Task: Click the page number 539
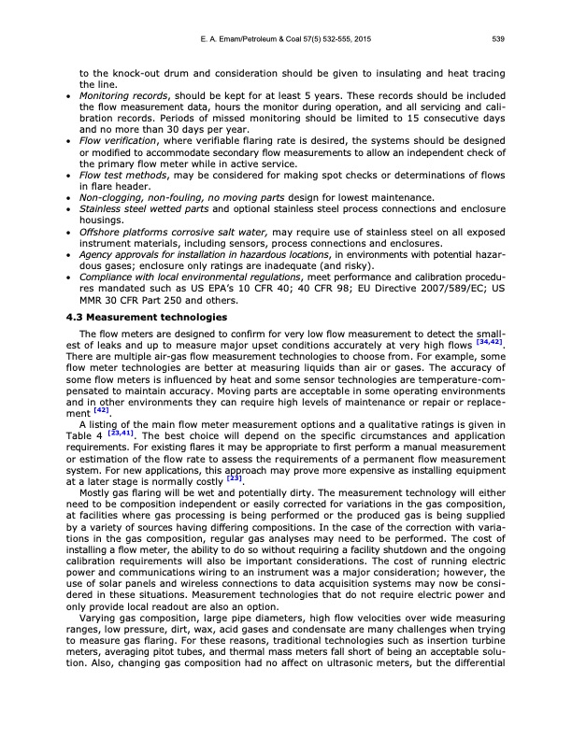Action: pos(498,39)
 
